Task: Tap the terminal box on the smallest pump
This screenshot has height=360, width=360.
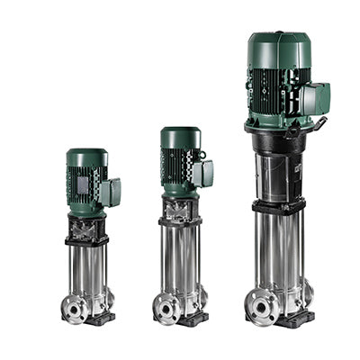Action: (x=111, y=191)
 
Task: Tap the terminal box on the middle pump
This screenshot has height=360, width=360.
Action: (x=203, y=173)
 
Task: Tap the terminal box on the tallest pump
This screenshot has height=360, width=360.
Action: (x=315, y=97)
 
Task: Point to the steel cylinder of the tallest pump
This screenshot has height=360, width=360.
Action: (x=280, y=243)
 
